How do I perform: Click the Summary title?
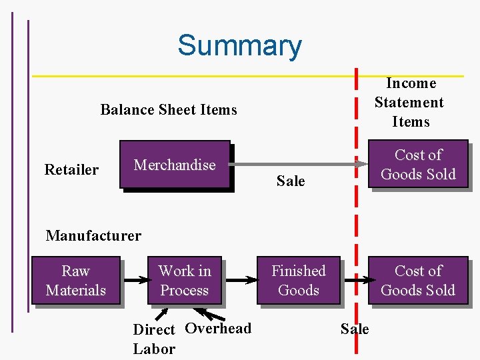tap(239, 46)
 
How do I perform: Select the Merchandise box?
tap(175, 165)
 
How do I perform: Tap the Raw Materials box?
tap(75, 281)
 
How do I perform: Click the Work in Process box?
tap(185, 281)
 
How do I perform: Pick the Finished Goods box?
tap(298, 281)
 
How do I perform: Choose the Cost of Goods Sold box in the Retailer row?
tap(418, 165)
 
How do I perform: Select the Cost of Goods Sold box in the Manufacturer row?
tap(418, 281)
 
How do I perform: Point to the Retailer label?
tap(71, 170)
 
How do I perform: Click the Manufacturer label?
tap(93, 235)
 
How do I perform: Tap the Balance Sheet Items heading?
tap(169, 109)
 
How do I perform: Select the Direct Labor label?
tap(154, 339)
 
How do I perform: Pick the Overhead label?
tap(218, 328)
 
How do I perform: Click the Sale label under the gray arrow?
tap(291, 181)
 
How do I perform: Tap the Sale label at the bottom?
tap(355, 329)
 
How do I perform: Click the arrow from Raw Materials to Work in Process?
tap(135, 280)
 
